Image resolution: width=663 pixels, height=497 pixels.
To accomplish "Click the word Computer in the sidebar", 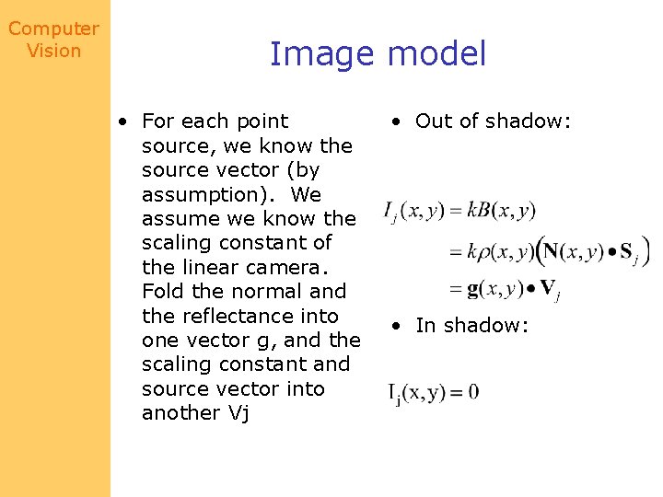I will pyautogui.click(x=53, y=29).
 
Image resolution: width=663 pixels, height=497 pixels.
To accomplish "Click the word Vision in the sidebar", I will pyautogui.click(x=53, y=51).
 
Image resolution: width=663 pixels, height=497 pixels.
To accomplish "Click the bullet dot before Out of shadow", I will pyautogui.click(x=396, y=121).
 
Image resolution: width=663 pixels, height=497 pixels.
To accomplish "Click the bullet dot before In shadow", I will pyautogui.click(x=396, y=326).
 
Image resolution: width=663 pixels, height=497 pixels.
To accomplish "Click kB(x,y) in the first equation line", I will pyautogui.click(x=500, y=211).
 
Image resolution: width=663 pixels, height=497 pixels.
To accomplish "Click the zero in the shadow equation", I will pyautogui.click(x=472, y=392).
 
